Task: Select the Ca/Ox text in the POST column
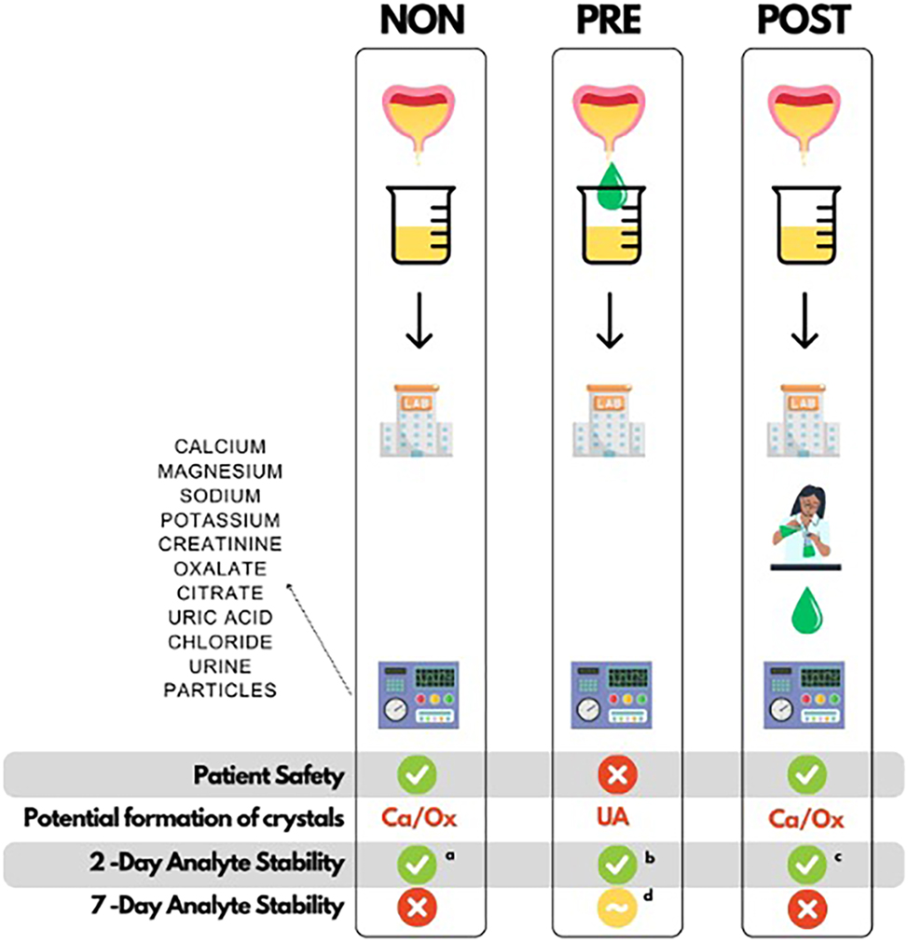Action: click(805, 819)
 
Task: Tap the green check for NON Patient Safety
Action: click(419, 773)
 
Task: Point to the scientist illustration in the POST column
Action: click(805, 532)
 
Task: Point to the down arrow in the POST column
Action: click(805, 321)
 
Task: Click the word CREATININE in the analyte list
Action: click(220, 543)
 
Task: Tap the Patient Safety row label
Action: click(268, 774)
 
